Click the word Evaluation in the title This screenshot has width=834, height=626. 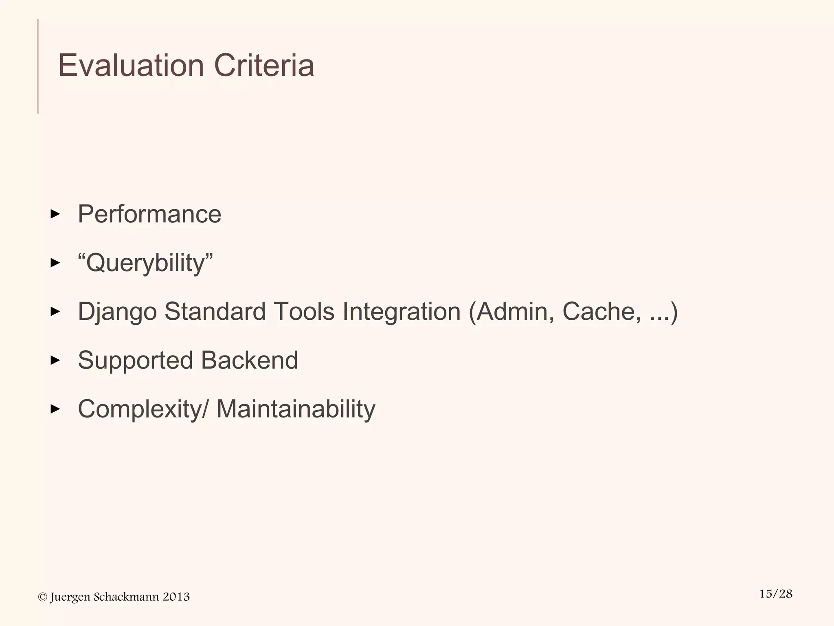pos(131,66)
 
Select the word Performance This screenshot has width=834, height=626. pos(149,214)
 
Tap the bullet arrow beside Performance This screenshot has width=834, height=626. pos(55,214)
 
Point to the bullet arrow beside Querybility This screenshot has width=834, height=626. pos(55,263)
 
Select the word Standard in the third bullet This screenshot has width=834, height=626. pos(215,312)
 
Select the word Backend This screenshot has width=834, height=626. pos(249,360)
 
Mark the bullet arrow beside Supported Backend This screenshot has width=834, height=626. pos(55,360)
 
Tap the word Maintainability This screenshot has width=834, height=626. pos(296,409)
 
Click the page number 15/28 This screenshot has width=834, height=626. pos(776,594)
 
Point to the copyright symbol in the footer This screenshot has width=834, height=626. pos(42,597)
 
